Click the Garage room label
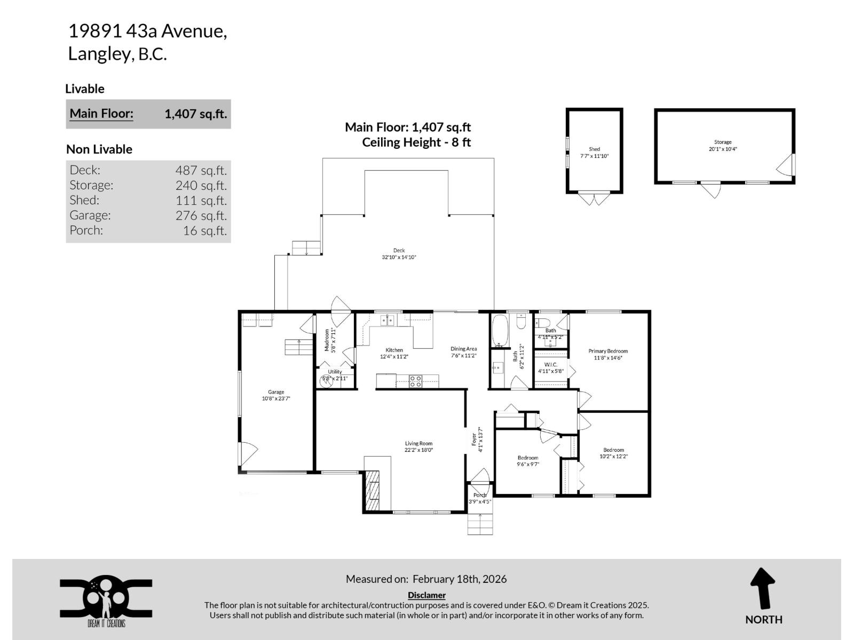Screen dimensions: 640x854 [276, 392]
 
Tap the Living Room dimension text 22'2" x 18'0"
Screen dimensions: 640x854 [418, 450]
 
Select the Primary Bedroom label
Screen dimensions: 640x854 [608, 351]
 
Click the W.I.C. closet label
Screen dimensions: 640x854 [551, 364]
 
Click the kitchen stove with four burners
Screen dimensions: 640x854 [415, 381]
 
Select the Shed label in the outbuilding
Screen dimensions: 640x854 [594, 149]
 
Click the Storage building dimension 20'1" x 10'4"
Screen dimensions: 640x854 [723, 149]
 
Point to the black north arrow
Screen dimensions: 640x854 [763, 588]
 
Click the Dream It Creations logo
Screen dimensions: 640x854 [106, 600]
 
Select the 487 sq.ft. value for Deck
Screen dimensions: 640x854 [201, 170]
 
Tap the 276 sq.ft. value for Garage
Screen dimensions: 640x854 [201, 215]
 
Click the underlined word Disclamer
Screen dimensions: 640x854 [426, 595]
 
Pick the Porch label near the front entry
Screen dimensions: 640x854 [480, 495]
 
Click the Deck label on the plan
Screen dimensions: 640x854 [399, 250]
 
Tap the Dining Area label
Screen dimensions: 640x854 [463, 349]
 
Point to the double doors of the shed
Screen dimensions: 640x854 [594, 199]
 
